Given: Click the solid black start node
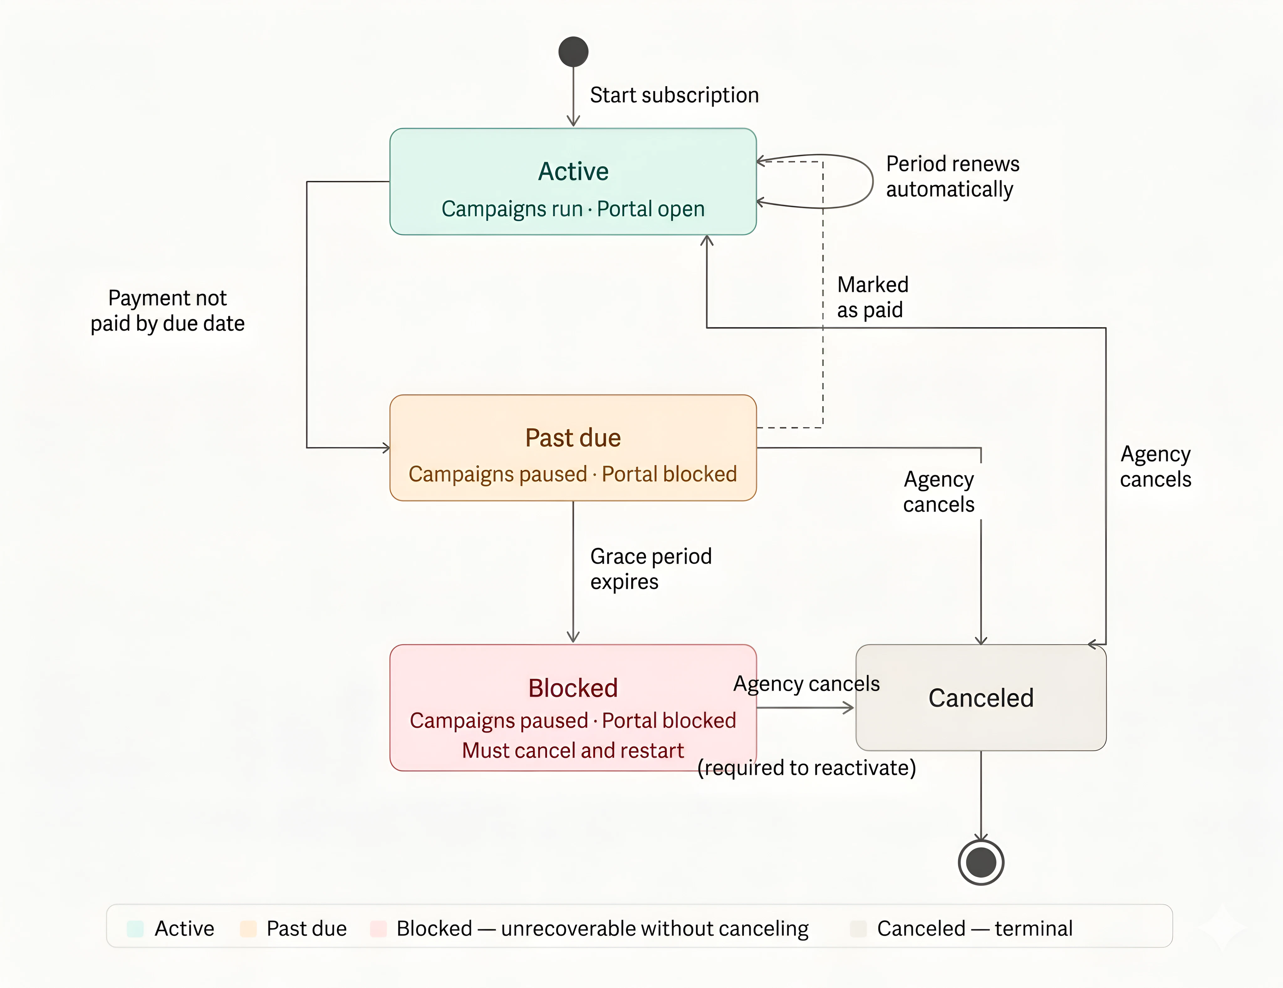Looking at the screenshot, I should pos(573,52).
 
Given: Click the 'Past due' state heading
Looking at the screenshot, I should pos(573,437).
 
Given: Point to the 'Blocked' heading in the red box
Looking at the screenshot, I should pos(573,688).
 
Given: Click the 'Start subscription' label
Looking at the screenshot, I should pos(674,95).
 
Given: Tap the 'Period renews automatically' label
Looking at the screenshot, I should pos(952,176).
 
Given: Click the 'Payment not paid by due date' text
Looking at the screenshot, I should pos(168,311).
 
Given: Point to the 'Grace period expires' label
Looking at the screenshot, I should pos(650,569).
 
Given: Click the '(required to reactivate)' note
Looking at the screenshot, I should pos(806,768).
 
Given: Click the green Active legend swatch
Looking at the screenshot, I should pos(135,929).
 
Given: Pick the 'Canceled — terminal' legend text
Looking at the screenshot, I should pos(974,929).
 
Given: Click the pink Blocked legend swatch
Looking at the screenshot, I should pos(378,929).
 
